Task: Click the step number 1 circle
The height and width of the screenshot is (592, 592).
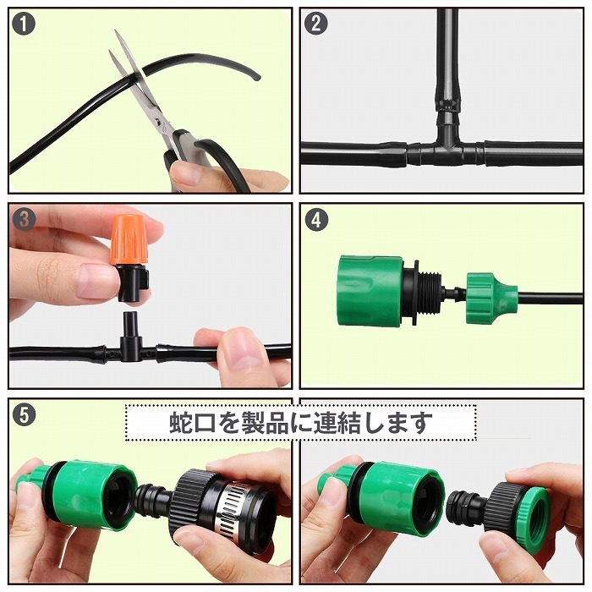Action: (24, 24)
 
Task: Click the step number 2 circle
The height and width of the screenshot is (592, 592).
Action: (315, 24)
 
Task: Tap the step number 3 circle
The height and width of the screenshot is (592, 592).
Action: (24, 219)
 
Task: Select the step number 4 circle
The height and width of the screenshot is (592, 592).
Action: (315, 219)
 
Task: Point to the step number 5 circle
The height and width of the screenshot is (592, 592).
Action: (24, 415)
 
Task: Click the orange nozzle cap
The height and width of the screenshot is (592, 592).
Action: (129, 240)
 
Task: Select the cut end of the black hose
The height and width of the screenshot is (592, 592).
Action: (256, 77)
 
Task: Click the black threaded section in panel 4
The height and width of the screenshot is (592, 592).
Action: (429, 293)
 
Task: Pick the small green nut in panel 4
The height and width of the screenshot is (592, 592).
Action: (486, 298)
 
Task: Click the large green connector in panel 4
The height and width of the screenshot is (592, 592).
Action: (371, 290)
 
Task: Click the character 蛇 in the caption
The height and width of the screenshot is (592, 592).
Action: (181, 423)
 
